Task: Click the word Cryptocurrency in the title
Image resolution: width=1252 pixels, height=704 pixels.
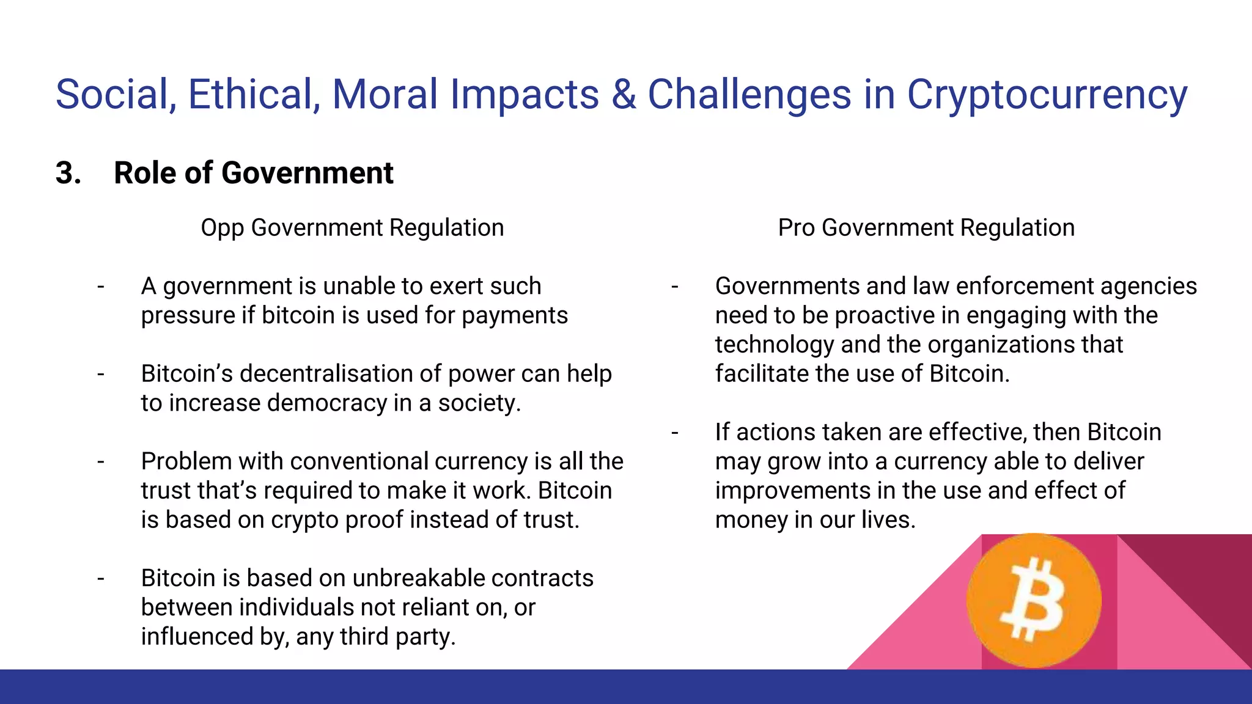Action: point(1046,95)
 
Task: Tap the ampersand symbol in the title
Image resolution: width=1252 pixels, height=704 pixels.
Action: point(623,95)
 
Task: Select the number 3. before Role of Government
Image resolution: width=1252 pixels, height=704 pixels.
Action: point(68,173)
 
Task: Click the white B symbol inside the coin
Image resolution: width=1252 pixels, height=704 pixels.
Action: point(1033,599)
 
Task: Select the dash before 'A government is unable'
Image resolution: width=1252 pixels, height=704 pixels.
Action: point(101,286)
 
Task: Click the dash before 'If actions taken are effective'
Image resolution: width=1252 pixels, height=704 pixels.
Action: point(675,433)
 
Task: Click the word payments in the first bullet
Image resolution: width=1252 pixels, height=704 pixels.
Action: point(515,316)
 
